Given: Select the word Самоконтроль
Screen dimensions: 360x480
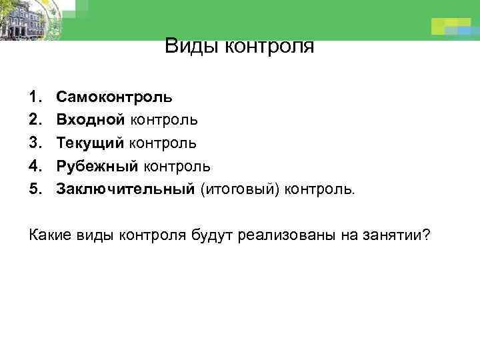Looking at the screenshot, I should [x=115, y=97].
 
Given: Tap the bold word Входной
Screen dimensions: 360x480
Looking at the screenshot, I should [x=90, y=120].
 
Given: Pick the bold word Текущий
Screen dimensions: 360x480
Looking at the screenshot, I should [x=90, y=143].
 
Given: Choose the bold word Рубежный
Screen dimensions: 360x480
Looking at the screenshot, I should [x=97, y=166].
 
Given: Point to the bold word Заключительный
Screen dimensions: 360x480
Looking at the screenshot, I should [x=125, y=189].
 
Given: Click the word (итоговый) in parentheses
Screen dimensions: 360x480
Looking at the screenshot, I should [x=239, y=189].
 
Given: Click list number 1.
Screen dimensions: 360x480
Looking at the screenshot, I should [x=35, y=97].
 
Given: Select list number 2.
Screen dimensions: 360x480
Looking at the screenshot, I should [x=35, y=120].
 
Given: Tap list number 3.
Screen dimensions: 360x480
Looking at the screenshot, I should [x=35, y=143].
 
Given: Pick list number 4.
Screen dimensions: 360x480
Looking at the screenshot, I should [x=35, y=166].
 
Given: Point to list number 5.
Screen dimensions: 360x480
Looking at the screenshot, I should [x=35, y=189].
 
